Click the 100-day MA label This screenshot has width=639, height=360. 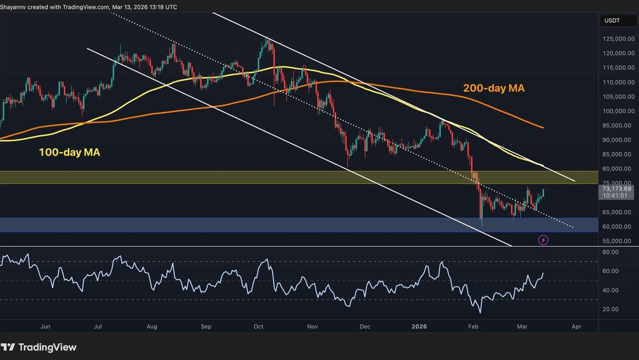[x=69, y=152]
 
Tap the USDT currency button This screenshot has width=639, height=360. [x=611, y=21]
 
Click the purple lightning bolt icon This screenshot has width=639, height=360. [x=543, y=240]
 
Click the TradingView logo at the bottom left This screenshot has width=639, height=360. [x=39, y=347]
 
